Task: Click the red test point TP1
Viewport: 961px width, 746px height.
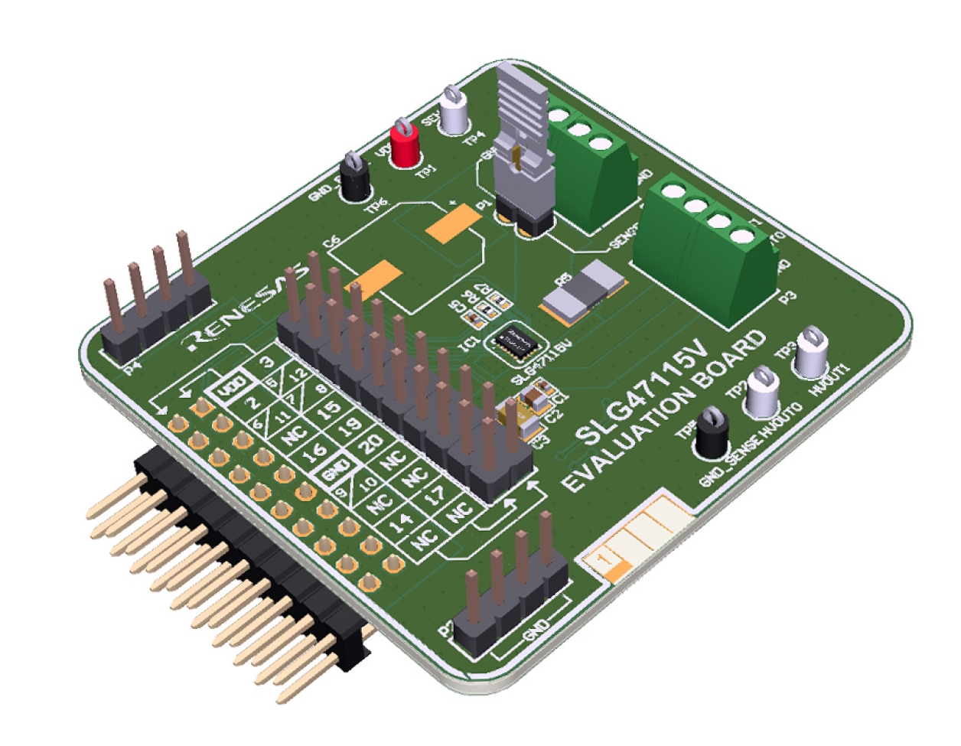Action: click(x=404, y=144)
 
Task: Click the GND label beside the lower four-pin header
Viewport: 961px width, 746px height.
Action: click(x=536, y=631)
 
